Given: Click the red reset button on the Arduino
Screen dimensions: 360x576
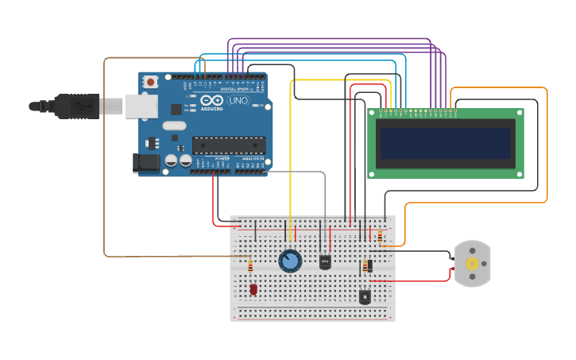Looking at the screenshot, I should (x=150, y=81).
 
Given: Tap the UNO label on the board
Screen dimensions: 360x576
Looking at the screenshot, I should (x=238, y=102).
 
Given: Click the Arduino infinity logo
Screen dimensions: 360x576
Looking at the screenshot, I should (x=211, y=101).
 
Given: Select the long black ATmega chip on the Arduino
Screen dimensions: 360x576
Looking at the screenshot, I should (x=228, y=145).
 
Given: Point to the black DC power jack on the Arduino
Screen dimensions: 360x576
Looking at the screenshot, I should (x=145, y=162).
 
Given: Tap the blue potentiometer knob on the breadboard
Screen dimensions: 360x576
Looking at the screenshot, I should (x=290, y=261).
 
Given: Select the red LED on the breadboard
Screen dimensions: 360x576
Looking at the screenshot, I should (x=253, y=289).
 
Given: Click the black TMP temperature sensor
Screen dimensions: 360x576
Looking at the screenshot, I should (x=325, y=261).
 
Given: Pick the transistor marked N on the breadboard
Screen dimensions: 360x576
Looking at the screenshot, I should (x=365, y=297).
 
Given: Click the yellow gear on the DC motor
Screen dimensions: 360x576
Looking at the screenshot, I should (x=473, y=264).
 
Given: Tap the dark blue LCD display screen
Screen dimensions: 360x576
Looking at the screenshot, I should (x=445, y=144).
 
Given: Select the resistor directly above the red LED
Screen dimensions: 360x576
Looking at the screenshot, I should (x=250, y=266).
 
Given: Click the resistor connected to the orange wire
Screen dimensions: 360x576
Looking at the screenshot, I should (x=380, y=236).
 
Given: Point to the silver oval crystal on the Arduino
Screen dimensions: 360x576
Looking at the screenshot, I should (x=174, y=126).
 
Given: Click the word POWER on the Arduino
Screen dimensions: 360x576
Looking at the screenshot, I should (x=222, y=159).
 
